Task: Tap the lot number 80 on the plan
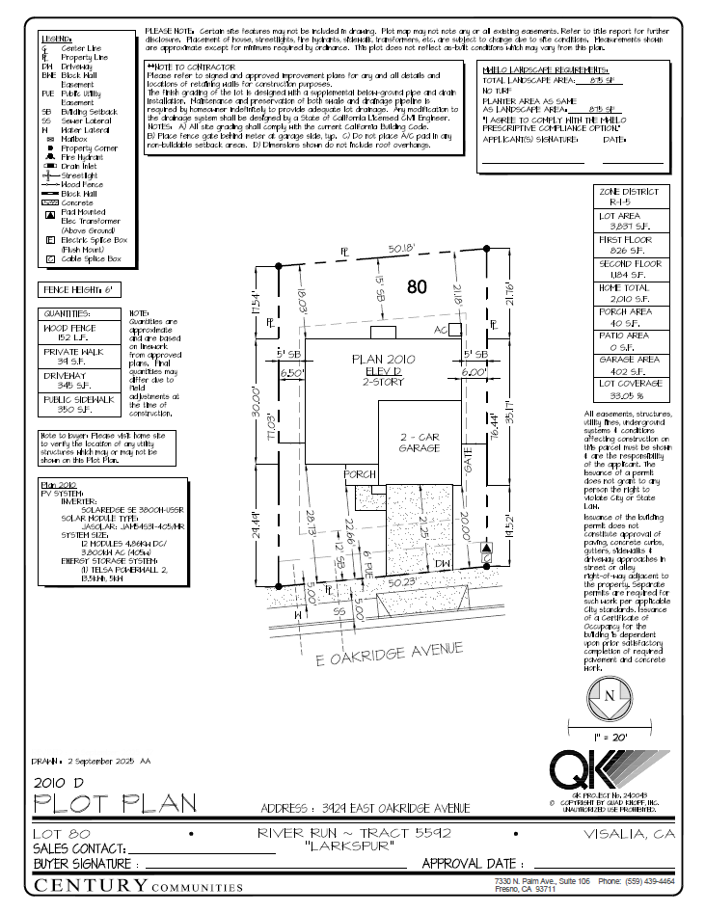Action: click(417, 286)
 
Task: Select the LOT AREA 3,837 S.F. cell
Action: click(630, 222)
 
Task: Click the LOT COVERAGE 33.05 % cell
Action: click(630, 389)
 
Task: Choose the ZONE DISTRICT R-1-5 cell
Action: click(630, 198)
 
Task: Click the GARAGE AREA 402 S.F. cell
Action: click(630, 364)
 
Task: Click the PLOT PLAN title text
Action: click(115, 802)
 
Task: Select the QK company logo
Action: click(609, 768)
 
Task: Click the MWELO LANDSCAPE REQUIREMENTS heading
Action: click(545, 70)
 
